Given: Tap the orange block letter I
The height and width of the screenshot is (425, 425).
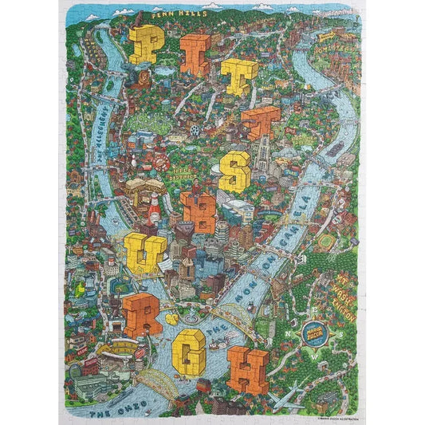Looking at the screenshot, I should click(195, 54).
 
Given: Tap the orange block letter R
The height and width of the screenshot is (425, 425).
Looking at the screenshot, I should click(142, 311).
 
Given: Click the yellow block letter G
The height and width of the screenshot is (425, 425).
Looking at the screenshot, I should click(190, 349).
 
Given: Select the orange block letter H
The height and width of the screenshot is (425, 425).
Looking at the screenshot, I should click(247, 368).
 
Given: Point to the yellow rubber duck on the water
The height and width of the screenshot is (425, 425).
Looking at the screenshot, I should click(169, 318).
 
